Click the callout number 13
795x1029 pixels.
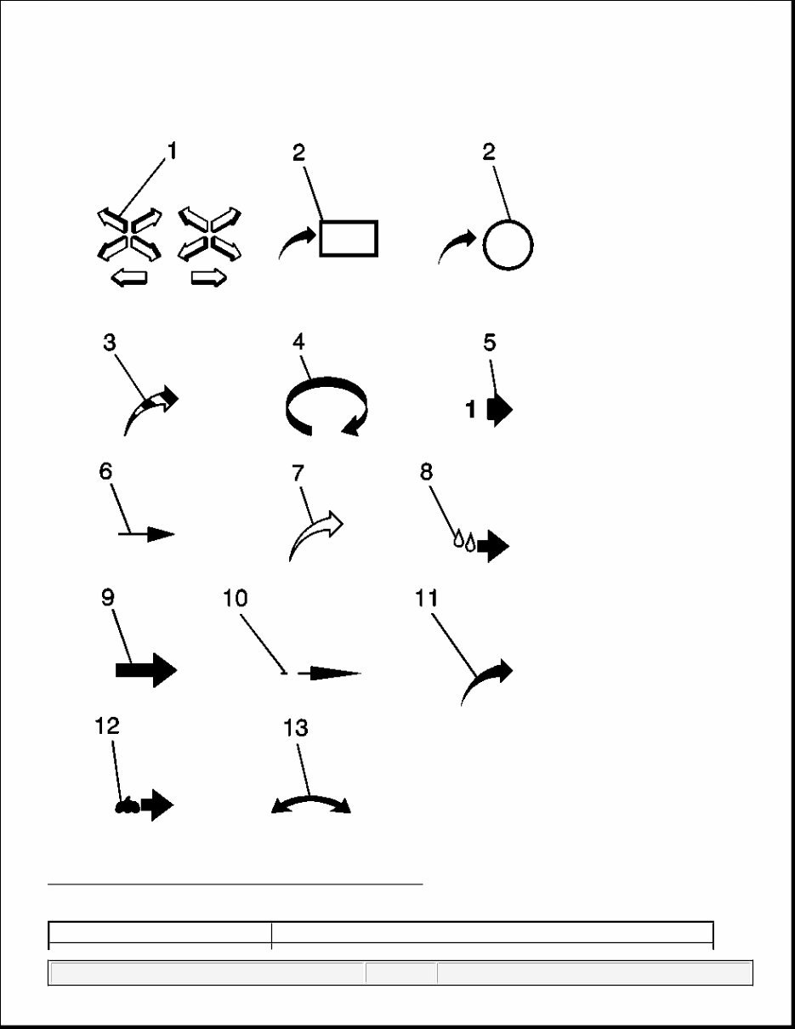coord(295,728)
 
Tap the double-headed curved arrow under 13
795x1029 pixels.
coord(310,799)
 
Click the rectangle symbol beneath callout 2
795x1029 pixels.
coord(349,239)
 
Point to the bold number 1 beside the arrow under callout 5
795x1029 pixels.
coord(471,410)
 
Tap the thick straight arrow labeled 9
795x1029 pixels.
coord(146,670)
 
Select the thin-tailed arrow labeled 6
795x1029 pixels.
coord(146,534)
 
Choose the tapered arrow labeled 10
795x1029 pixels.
coord(329,673)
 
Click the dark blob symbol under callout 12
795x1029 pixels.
coord(127,805)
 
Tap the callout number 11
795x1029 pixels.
coord(426,599)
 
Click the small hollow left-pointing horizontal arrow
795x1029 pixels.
coord(129,277)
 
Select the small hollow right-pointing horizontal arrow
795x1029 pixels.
coord(209,277)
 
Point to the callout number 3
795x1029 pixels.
coord(110,343)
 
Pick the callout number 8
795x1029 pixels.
coord(426,472)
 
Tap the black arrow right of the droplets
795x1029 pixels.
coord(493,546)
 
